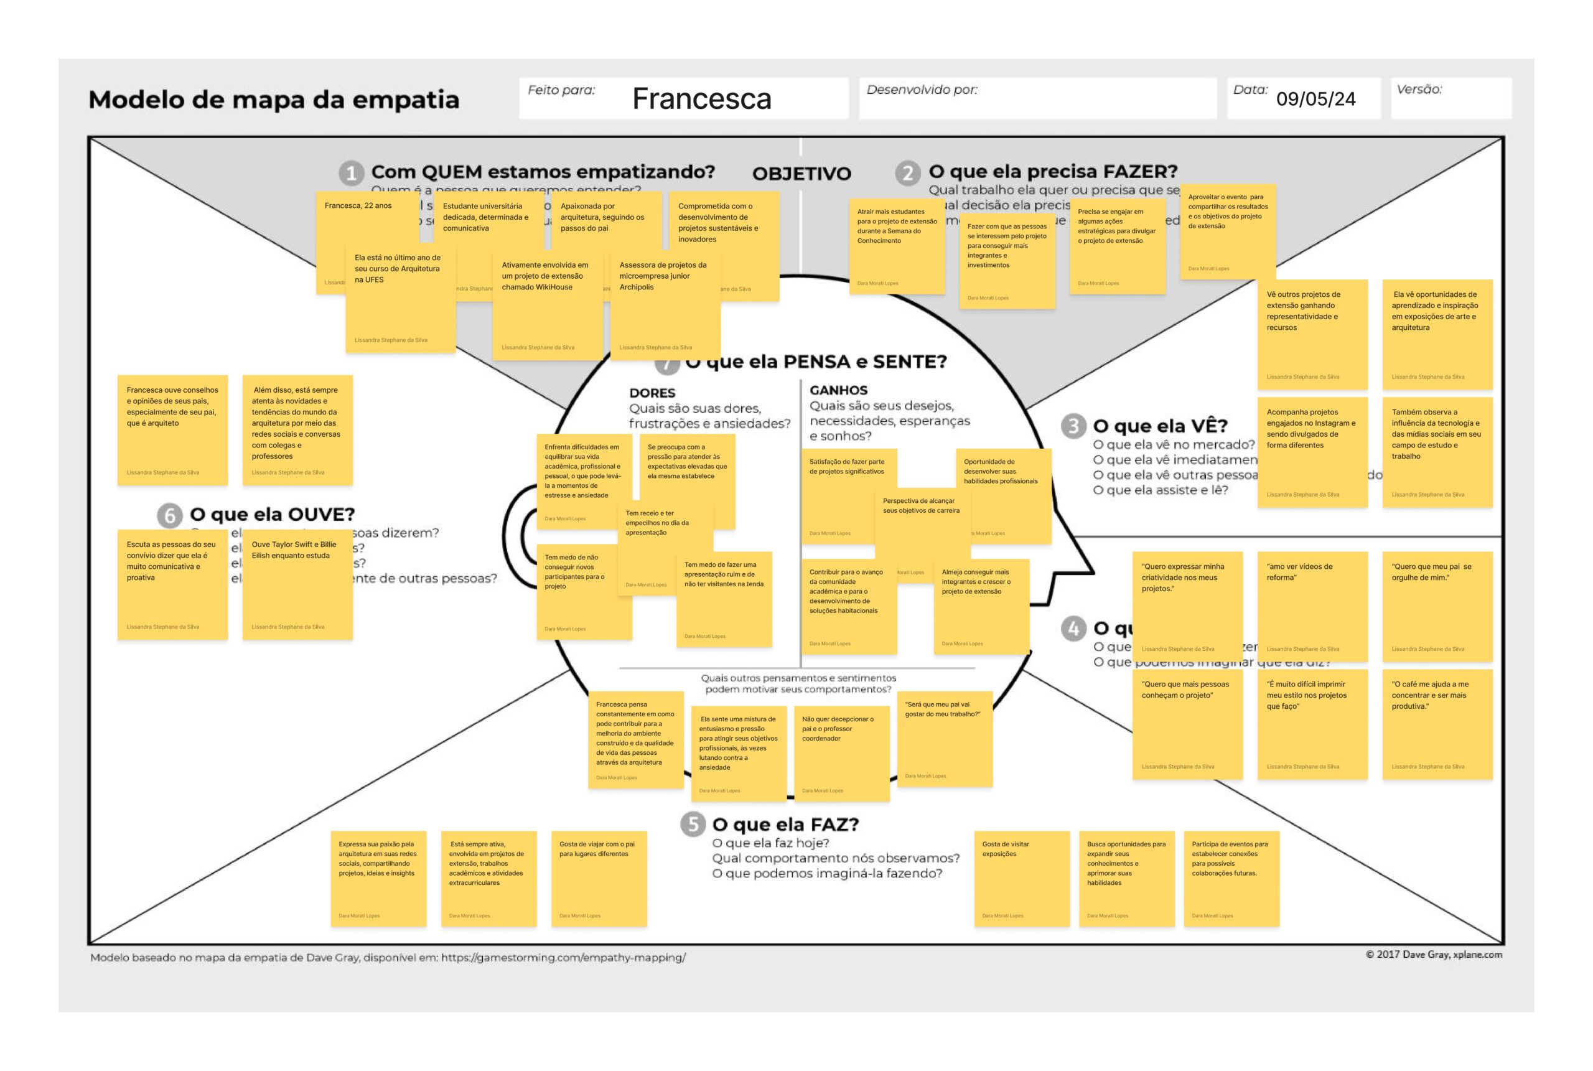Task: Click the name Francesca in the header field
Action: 701,99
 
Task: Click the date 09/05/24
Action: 1315,99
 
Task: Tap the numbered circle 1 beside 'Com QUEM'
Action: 351,173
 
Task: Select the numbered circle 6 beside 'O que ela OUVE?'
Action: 169,515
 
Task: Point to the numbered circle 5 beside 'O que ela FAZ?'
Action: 693,825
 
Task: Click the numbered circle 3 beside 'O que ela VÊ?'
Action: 1073,426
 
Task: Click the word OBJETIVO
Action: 801,174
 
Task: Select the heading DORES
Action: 652,393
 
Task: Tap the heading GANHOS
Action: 838,390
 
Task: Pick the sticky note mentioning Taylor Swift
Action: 297,584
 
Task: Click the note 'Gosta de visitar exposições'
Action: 1022,878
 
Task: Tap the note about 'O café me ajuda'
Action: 1437,724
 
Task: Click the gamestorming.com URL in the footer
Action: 563,958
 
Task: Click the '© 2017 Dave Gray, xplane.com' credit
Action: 1433,954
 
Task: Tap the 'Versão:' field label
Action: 1419,90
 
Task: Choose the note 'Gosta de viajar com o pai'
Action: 599,878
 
